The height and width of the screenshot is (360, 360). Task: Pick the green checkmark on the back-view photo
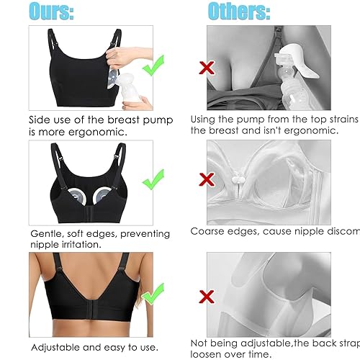click(152, 296)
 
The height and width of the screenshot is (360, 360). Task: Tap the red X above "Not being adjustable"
click(208, 296)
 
